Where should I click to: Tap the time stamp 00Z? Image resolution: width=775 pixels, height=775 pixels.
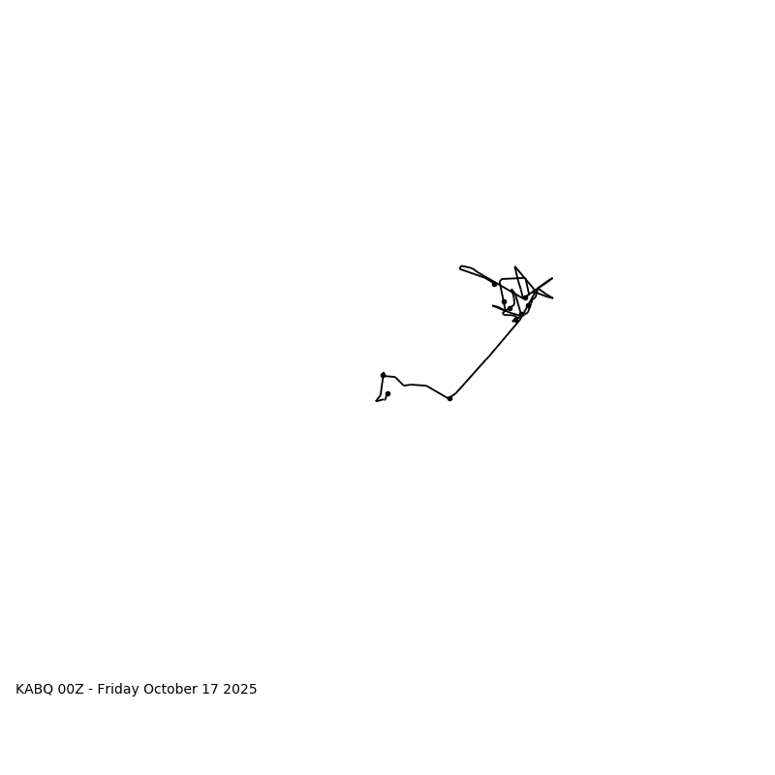point(73,690)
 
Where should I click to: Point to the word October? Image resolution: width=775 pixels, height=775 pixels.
point(174,690)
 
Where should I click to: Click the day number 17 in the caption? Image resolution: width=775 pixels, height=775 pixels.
point(215,690)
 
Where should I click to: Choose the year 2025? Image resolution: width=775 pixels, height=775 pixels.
point(242,690)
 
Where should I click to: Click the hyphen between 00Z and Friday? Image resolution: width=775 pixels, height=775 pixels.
point(91,690)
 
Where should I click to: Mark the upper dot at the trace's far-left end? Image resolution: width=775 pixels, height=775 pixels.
point(383,375)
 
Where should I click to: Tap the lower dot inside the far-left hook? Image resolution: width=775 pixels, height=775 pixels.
point(387,393)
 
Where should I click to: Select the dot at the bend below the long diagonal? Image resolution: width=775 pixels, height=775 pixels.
point(449,398)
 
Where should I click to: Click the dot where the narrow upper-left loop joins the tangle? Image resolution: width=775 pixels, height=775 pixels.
point(494,284)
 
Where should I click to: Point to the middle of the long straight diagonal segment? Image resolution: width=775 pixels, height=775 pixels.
point(486,357)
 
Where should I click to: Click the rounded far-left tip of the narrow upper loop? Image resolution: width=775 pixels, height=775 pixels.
point(460,267)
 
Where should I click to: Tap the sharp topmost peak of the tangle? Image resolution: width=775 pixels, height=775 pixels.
point(515,267)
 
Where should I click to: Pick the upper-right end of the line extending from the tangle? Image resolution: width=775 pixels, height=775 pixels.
point(552,278)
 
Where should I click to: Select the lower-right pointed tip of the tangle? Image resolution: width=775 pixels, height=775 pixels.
point(552,297)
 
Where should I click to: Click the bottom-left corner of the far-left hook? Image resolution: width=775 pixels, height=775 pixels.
point(376,400)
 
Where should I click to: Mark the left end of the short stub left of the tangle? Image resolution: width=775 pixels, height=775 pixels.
point(493,306)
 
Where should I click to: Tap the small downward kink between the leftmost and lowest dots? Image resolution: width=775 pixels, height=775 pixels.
point(405,386)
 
